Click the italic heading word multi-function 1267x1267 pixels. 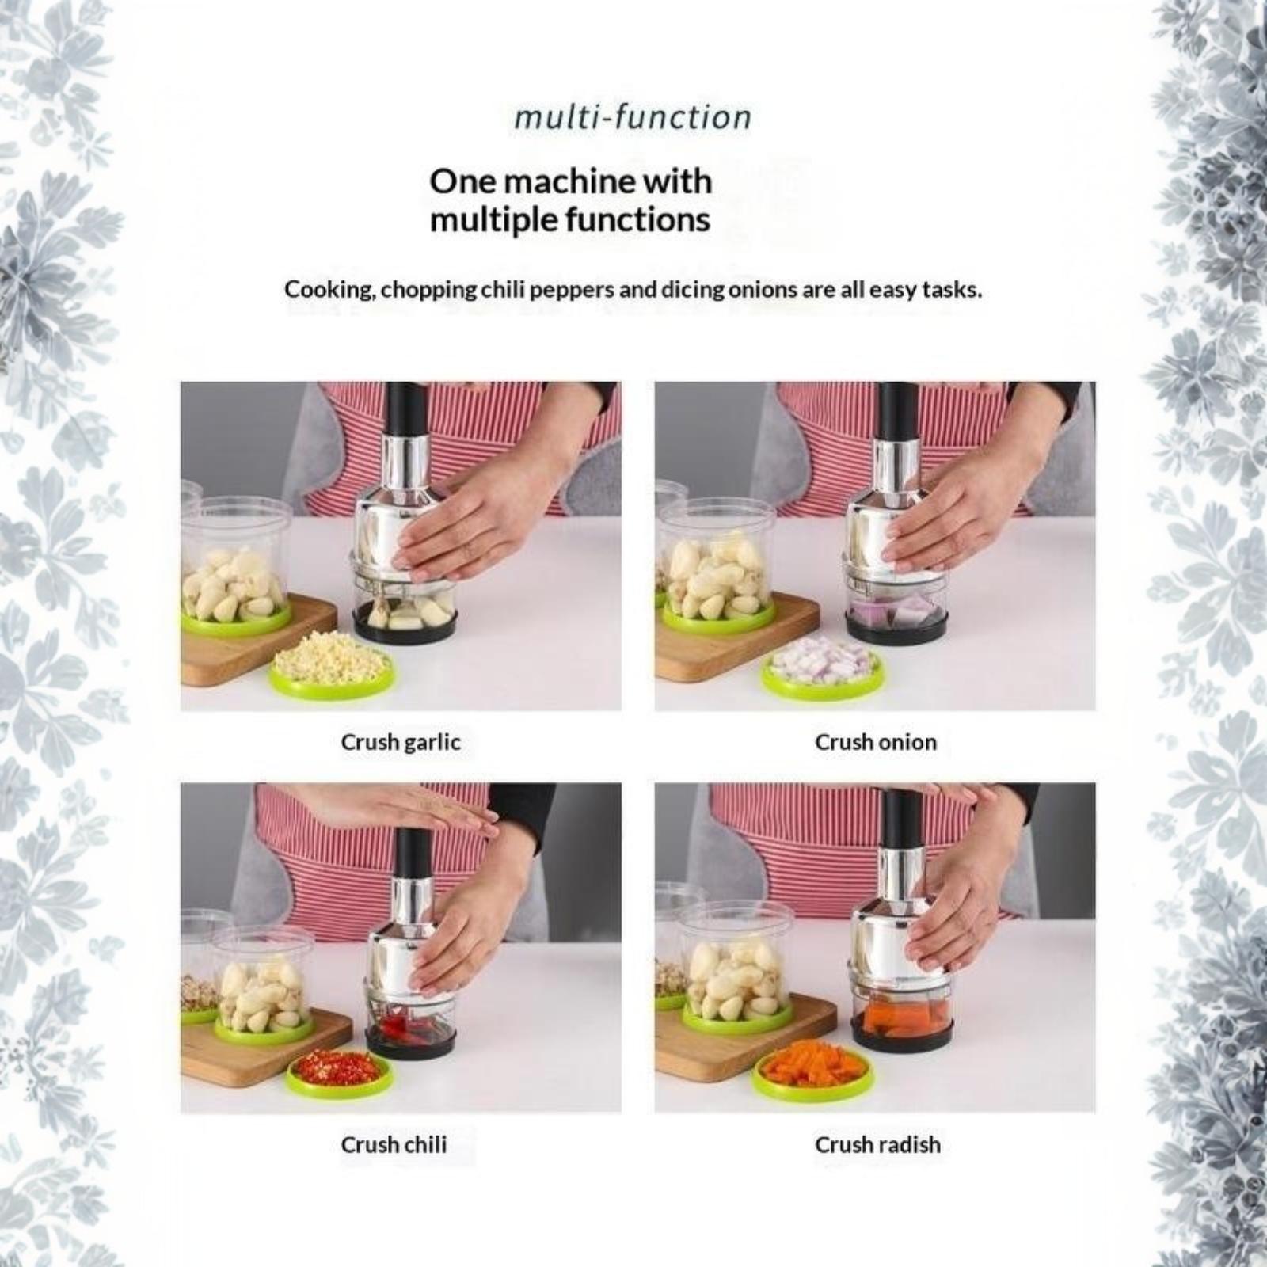pos(633,117)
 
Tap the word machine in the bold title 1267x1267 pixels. pos(569,181)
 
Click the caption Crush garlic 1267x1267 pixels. pos(401,742)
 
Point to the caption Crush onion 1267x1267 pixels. pos(876,742)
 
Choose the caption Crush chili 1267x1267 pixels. pos(394,1144)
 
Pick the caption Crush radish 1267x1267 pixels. pos(877,1144)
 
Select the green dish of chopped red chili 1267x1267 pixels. pos(340,1071)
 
